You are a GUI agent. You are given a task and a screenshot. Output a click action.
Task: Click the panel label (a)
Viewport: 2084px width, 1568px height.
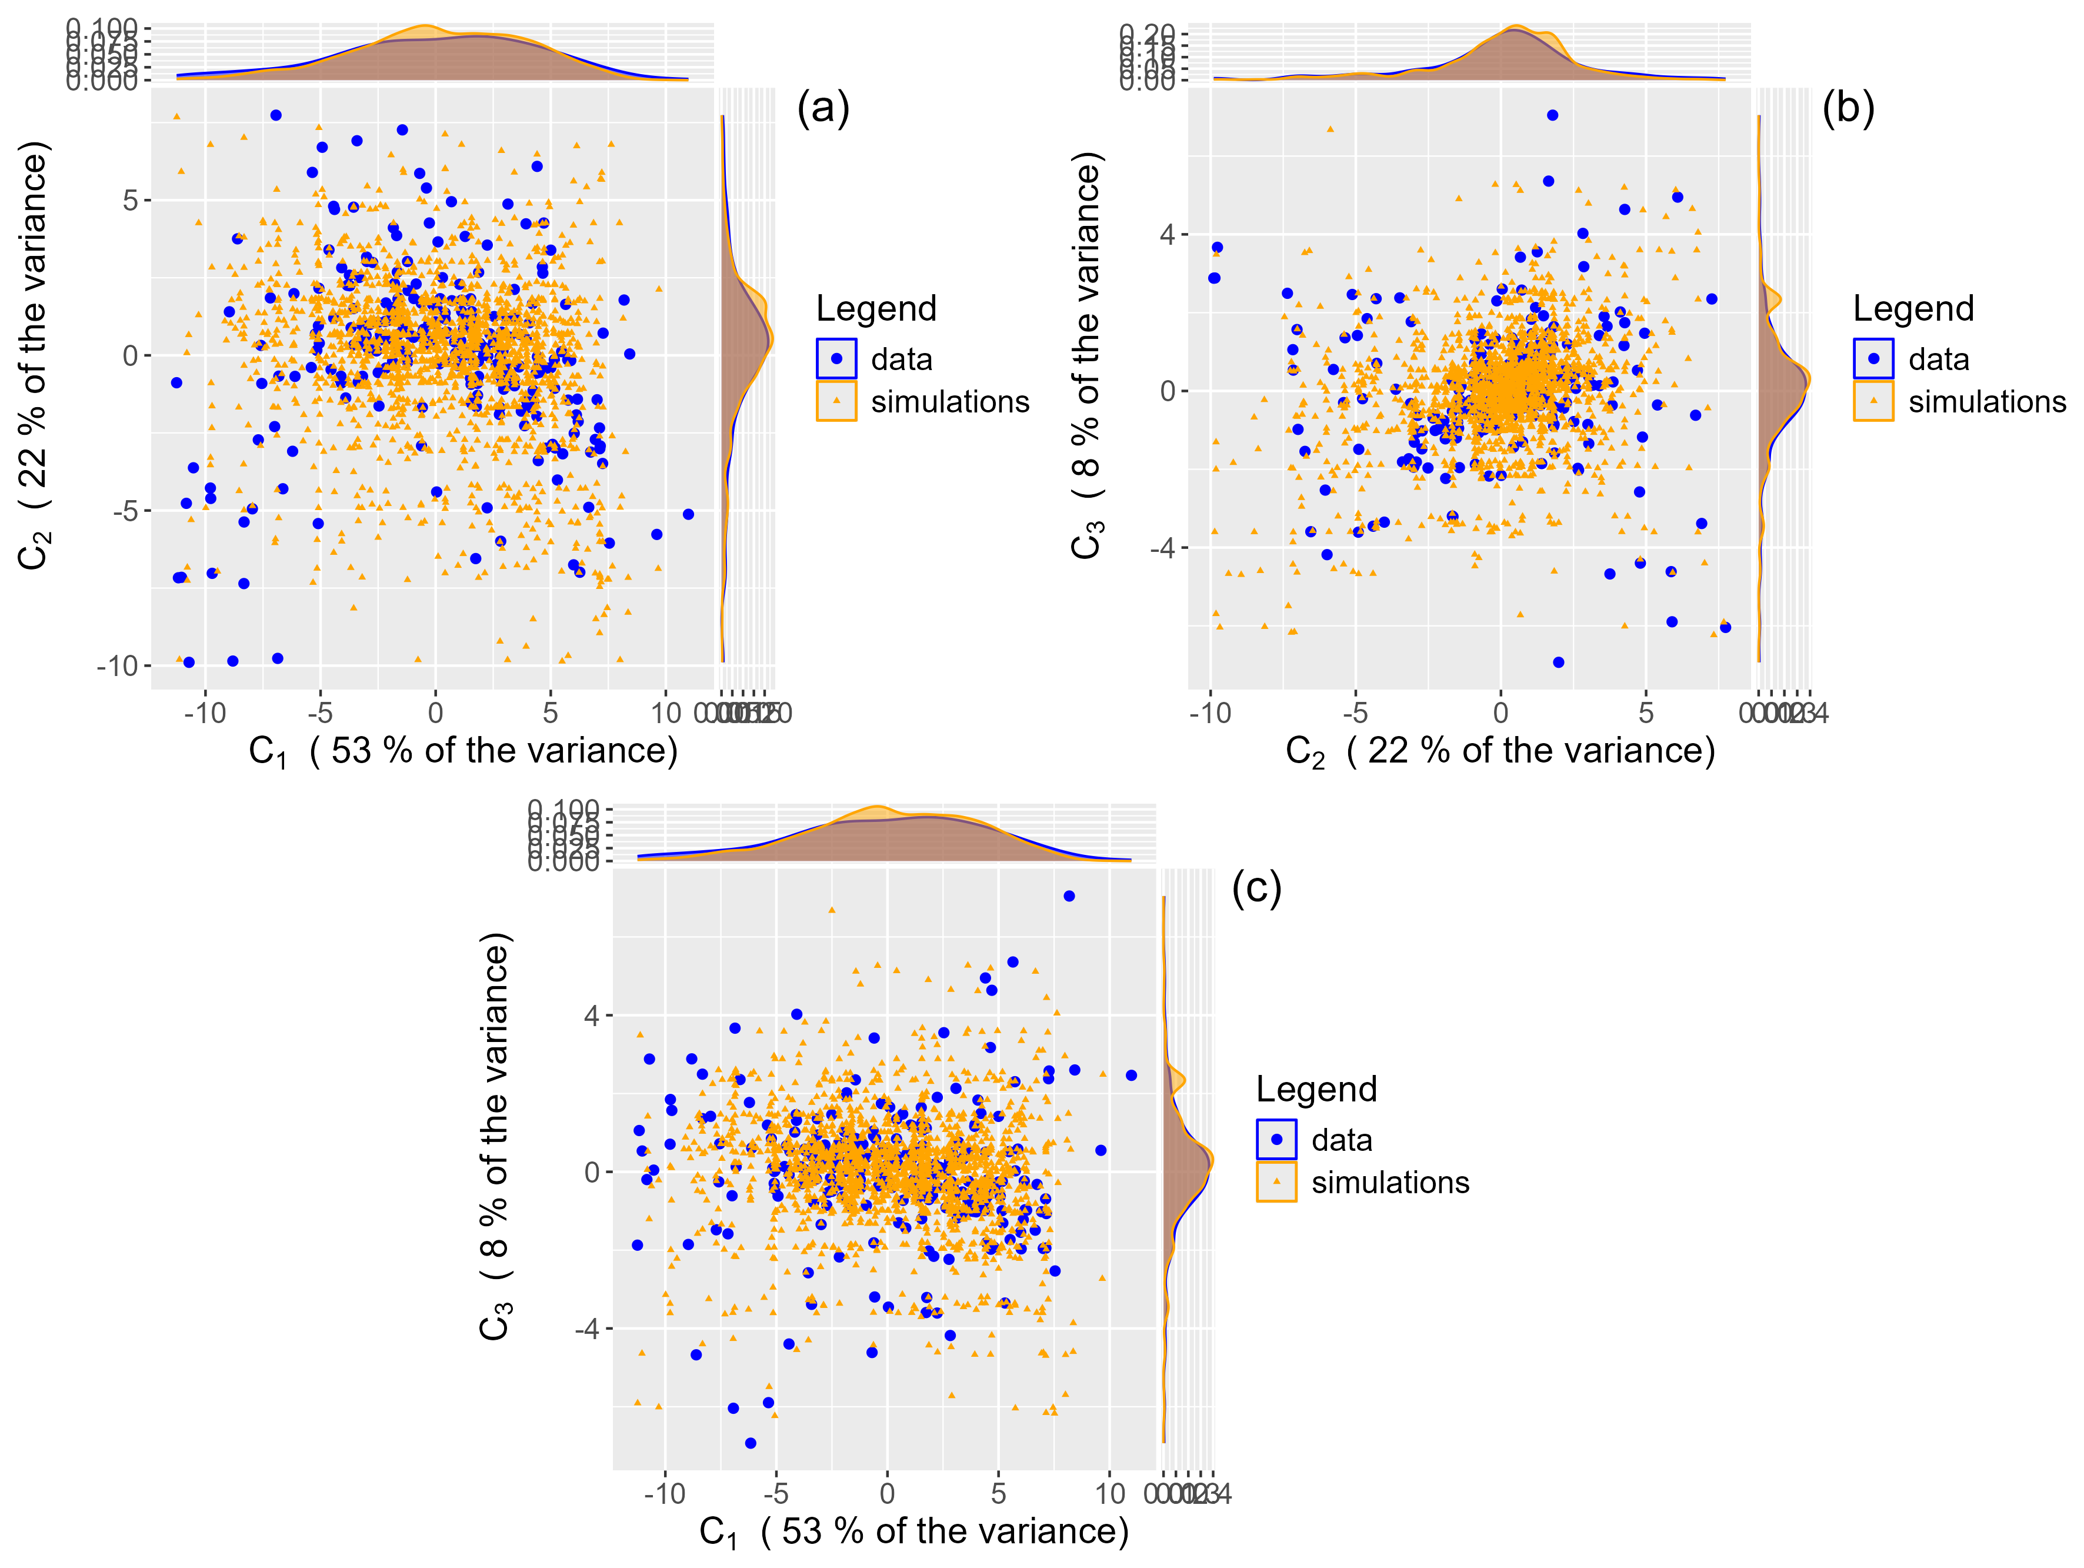[x=822, y=108]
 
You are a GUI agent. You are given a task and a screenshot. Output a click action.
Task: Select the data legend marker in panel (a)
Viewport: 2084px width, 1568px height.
[x=836, y=359]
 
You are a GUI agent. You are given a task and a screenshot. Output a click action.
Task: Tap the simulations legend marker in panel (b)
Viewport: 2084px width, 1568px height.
[x=1873, y=401]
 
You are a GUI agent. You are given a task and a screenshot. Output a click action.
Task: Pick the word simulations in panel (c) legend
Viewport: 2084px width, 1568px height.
[x=1390, y=1183]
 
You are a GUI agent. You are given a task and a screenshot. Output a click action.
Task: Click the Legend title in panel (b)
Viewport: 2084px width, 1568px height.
[x=1912, y=309]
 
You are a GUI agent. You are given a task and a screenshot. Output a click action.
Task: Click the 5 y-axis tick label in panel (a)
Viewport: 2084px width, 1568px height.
[x=130, y=201]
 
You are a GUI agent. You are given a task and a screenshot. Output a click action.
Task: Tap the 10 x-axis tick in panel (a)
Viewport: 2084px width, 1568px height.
[x=665, y=713]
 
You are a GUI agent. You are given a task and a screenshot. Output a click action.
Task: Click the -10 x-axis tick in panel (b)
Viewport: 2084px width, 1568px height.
[x=1211, y=713]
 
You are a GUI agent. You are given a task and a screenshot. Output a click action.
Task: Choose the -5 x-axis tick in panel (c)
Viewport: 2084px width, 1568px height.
[x=775, y=1493]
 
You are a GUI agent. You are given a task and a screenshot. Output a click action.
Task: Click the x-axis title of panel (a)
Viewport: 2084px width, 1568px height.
[x=462, y=752]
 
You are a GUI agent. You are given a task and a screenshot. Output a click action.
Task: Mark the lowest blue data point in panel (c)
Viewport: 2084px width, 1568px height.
[x=750, y=1443]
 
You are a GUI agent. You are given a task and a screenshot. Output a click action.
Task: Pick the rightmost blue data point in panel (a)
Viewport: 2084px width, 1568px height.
[x=689, y=514]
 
